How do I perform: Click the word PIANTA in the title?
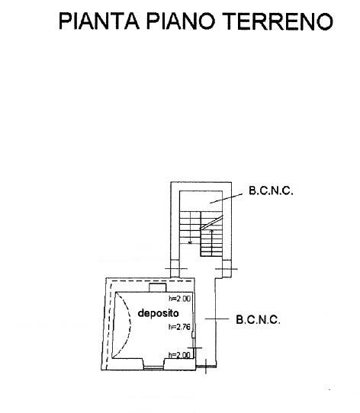click(98, 21)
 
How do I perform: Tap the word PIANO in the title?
click(181, 21)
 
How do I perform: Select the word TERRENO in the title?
click(278, 21)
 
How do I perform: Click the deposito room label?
click(158, 313)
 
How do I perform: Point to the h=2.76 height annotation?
click(179, 327)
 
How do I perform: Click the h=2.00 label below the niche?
click(179, 299)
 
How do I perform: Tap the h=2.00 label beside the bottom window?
click(179, 355)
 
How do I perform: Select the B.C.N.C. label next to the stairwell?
click(271, 190)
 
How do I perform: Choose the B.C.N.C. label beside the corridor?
click(258, 319)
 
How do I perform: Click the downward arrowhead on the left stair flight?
click(190, 242)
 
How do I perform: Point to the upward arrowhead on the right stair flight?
click(211, 231)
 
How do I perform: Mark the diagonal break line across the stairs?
click(212, 223)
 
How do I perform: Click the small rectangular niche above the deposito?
click(158, 287)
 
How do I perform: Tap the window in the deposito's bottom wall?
click(154, 367)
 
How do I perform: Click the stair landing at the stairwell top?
click(201, 201)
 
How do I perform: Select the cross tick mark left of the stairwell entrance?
click(176, 269)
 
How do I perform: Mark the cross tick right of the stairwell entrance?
click(227, 269)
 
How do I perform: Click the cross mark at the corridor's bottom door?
click(206, 367)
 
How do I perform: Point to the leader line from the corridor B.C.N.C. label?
click(217, 319)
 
